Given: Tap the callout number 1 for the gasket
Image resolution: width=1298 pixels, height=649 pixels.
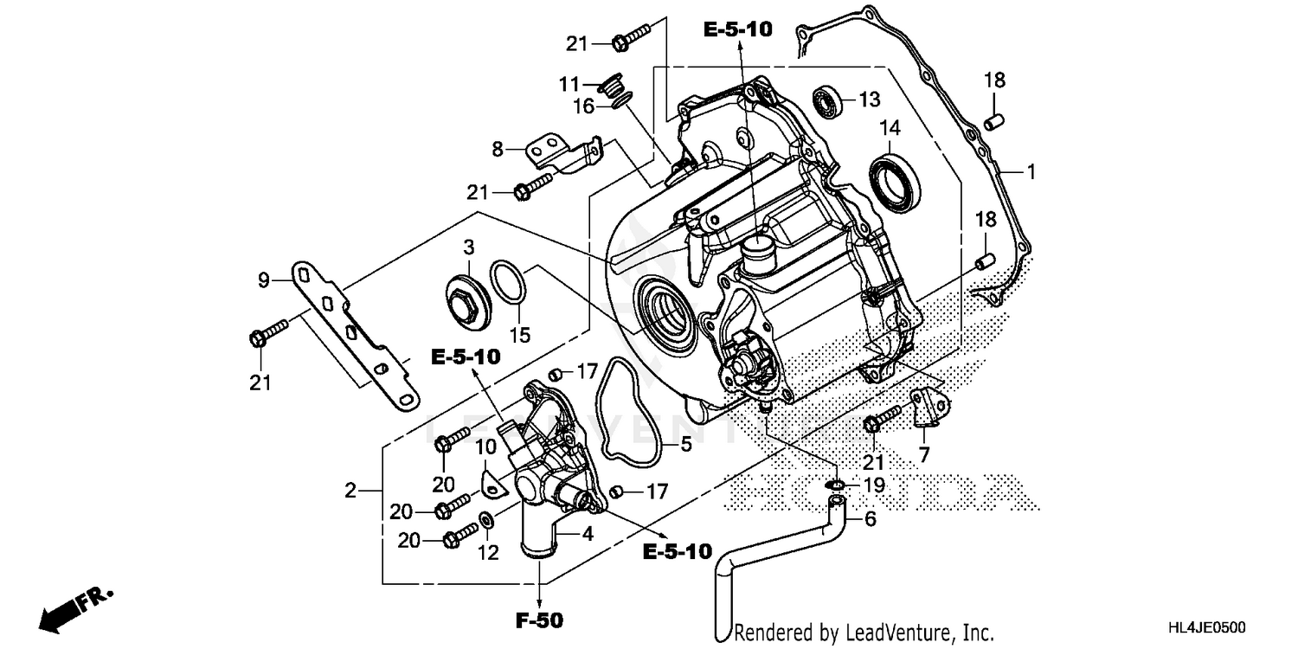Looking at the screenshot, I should [x=1030, y=173].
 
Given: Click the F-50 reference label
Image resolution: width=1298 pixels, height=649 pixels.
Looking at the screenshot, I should [x=539, y=620].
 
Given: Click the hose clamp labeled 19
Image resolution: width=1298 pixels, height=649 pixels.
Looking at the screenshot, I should [x=836, y=484].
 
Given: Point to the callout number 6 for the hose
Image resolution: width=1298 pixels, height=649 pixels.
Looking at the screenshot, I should [x=871, y=519].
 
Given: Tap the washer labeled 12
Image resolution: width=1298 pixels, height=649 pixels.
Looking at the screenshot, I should [x=487, y=520].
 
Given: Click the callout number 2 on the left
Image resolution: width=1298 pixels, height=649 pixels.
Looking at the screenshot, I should [x=350, y=492].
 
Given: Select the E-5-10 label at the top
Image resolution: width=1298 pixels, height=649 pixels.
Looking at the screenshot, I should [x=737, y=29].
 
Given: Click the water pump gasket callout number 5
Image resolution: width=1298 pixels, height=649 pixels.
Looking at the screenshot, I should [x=685, y=445].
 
